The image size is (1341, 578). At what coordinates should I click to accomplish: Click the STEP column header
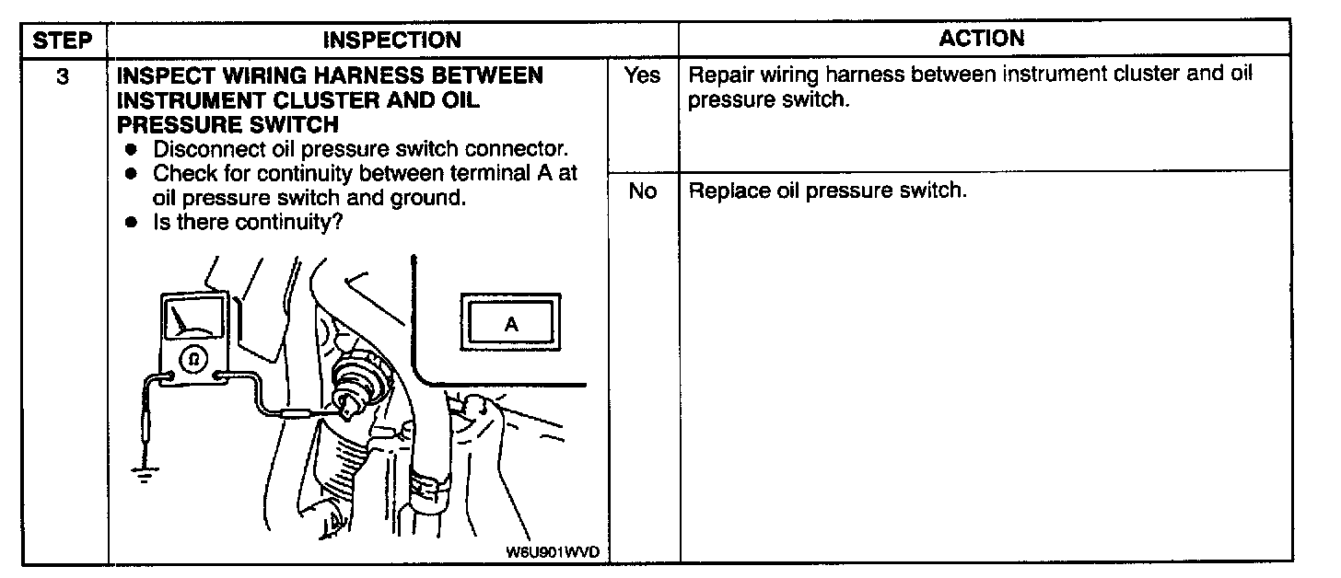point(64,40)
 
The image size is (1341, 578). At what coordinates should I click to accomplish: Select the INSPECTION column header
point(392,40)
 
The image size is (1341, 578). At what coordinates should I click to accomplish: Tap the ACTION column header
point(982,38)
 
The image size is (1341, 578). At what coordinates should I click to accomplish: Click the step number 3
point(63,76)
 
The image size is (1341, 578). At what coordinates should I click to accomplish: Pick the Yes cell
point(641,75)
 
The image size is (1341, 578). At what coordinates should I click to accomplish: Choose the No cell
point(641,192)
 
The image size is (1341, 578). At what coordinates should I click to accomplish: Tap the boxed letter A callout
point(511,324)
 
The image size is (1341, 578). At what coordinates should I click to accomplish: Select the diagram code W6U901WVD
point(552,552)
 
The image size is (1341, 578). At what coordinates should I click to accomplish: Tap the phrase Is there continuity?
point(248,222)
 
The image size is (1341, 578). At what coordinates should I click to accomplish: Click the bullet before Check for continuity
point(134,173)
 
